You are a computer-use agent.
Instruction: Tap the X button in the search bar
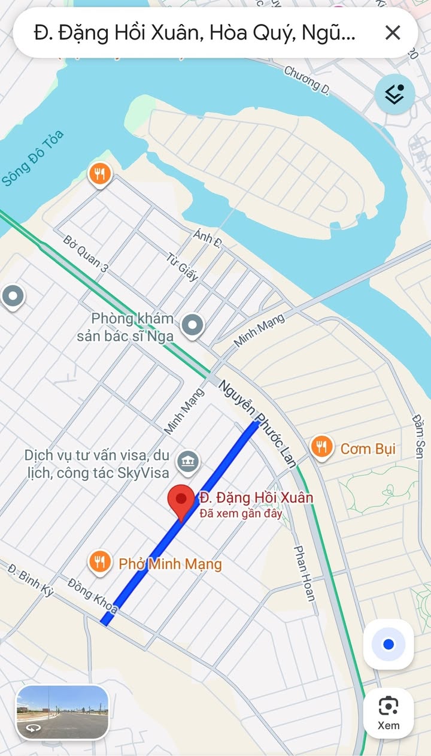click(392, 32)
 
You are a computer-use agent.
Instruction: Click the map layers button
click(394, 94)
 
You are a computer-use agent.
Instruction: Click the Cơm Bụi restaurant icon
click(322, 447)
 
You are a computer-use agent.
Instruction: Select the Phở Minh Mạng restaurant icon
click(99, 563)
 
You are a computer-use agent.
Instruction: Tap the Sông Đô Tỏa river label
click(32, 158)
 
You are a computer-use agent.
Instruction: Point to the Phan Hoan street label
click(304, 573)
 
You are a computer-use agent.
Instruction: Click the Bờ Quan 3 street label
click(86, 254)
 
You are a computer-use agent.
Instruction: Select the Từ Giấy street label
click(183, 267)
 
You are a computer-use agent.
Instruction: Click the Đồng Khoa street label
click(93, 595)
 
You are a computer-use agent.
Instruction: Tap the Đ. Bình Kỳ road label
click(31, 579)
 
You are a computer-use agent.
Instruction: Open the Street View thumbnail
click(62, 712)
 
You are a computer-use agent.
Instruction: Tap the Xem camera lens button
click(388, 712)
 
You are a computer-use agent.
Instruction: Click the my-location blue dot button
click(388, 644)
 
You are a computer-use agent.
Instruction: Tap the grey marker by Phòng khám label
click(192, 325)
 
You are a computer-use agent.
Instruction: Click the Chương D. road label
click(307, 80)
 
